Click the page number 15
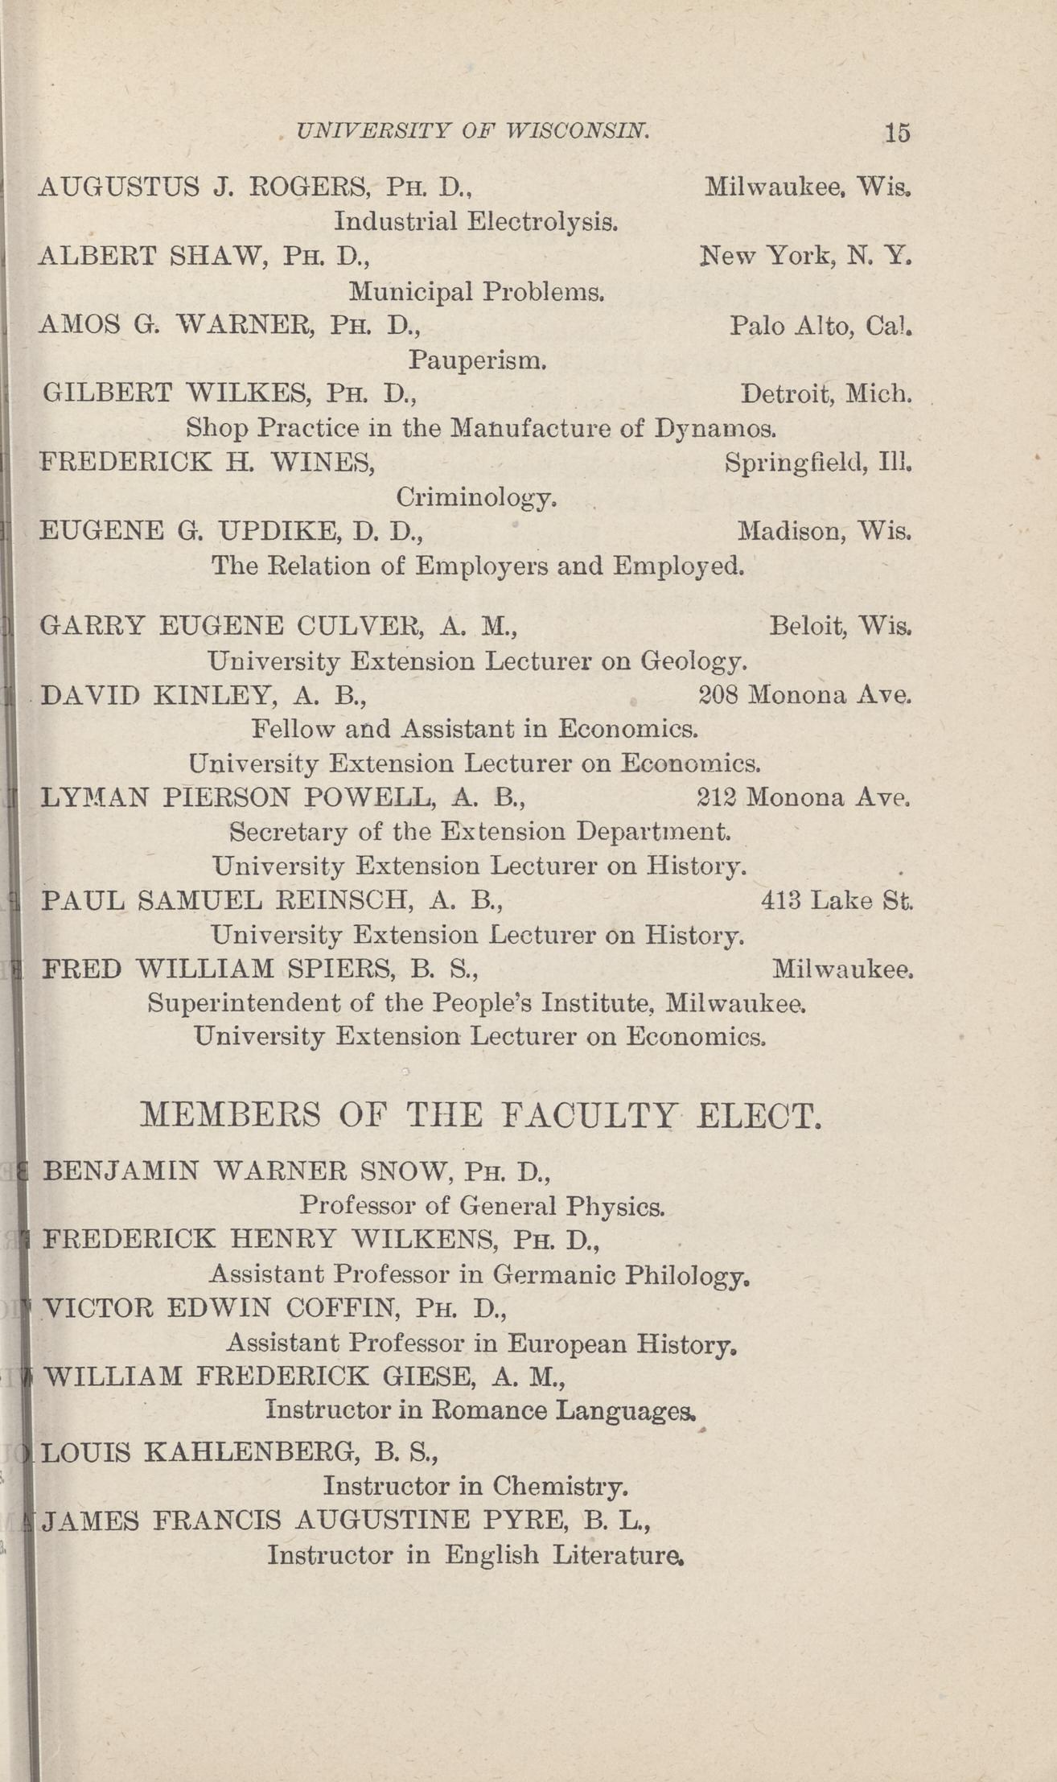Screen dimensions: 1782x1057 (897, 132)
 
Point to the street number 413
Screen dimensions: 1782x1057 (780, 900)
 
